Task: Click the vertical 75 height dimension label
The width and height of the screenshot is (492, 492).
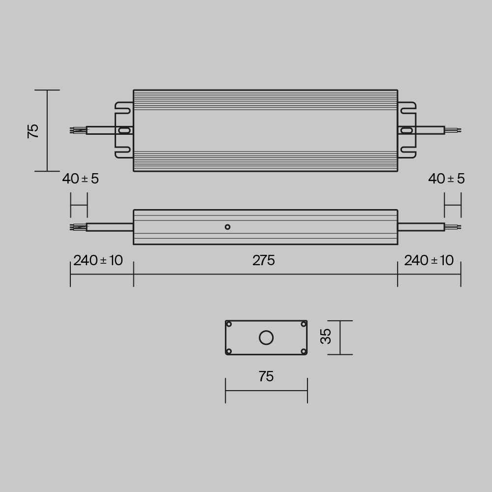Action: pyautogui.click(x=33, y=131)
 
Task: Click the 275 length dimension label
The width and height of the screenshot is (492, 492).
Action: pyautogui.click(x=264, y=261)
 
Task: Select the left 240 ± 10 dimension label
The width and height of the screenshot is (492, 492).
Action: pyautogui.click(x=98, y=261)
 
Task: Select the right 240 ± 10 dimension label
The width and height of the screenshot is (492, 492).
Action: pyautogui.click(x=429, y=261)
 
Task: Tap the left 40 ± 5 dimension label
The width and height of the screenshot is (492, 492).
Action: pyautogui.click(x=80, y=179)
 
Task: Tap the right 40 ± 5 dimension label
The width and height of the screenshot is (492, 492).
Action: pyautogui.click(x=446, y=179)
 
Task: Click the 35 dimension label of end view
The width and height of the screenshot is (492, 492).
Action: pyautogui.click(x=326, y=337)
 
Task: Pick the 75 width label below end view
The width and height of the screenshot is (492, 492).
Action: pyautogui.click(x=266, y=377)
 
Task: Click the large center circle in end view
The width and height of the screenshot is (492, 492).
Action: pyautogui.click(x=266, y=338)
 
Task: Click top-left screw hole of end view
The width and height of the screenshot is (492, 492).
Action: pyautogui.click(x=229, y=324)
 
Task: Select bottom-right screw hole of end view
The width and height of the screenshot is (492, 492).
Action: pyautogui.click(x=304, y=351)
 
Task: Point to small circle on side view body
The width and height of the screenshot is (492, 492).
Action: pyautogui.click(x=227, y=227)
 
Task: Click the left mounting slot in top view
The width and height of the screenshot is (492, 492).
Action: pyautogui.click(x=125, y=130)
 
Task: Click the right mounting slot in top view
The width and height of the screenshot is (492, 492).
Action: pyautogui.click(x=406, y=130)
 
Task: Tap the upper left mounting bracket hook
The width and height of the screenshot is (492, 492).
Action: pyautogui.click(x=123, y=105)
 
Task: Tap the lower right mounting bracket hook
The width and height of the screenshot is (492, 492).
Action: pyautogui.click(x=408, y=154)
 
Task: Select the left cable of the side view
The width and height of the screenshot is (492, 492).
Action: pyautogui.click(x=109, y=227)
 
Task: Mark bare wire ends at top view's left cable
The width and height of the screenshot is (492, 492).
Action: pyautogui.click(x=78, y=130)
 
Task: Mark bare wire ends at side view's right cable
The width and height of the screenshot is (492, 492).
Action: pyautogui.click(x=453, y=227)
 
